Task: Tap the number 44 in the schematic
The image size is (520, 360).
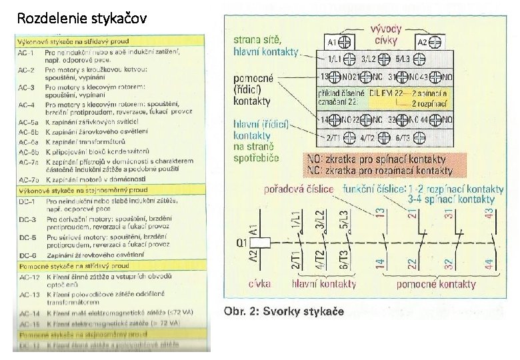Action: click(x=490, y=264)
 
